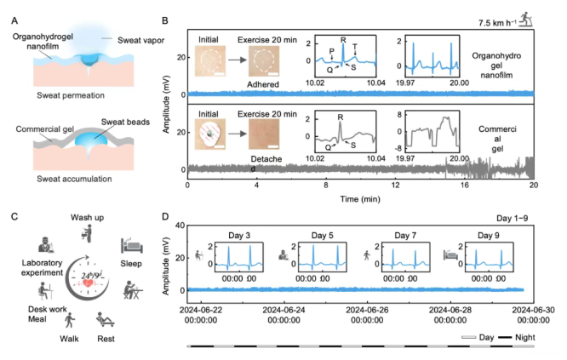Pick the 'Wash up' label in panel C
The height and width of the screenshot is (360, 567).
[86, 217]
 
